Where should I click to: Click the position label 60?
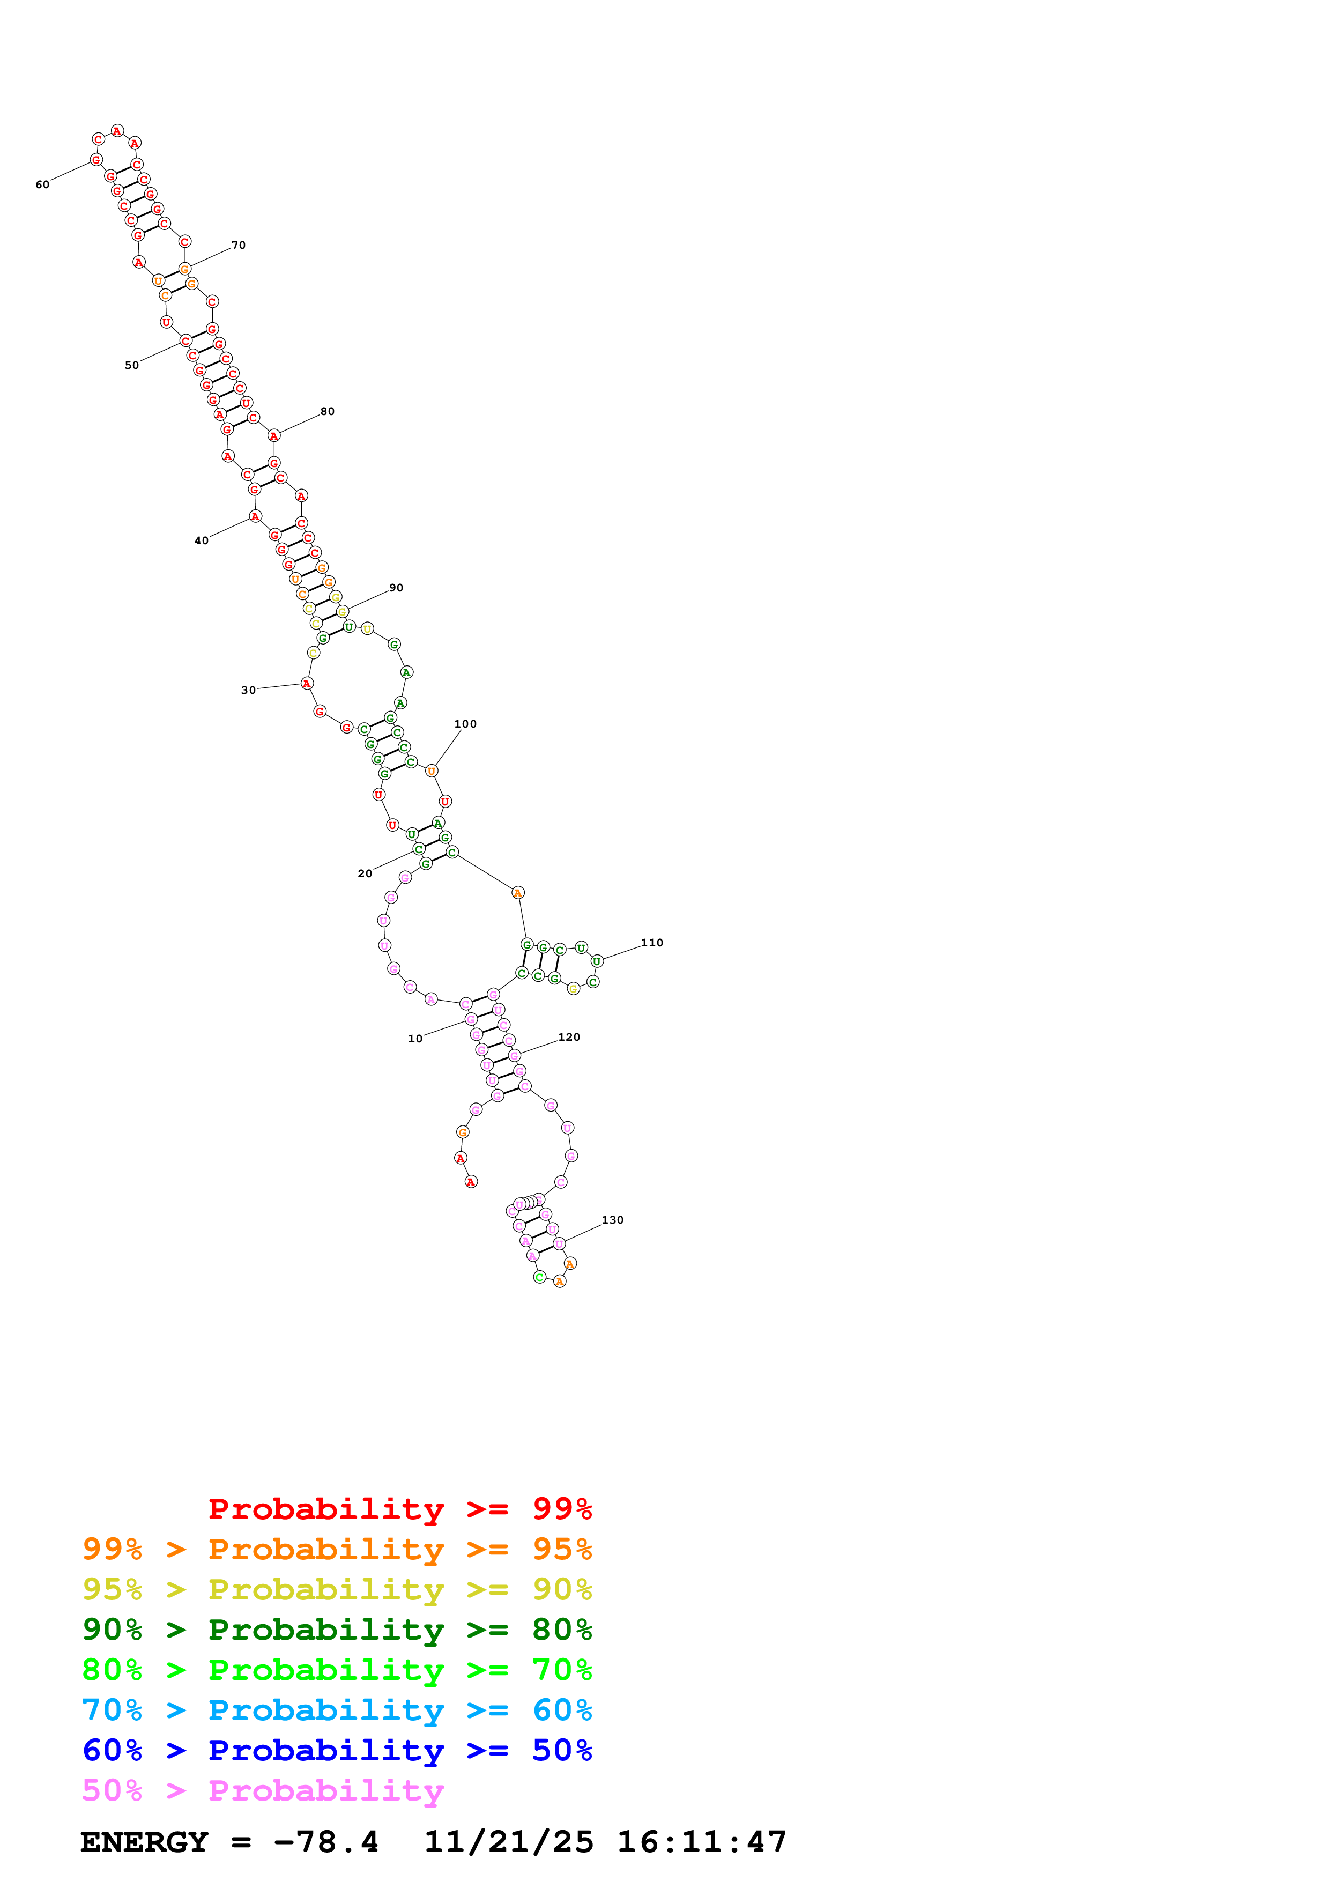[42, 185]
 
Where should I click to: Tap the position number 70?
[238, 245]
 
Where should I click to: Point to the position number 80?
[328, 411]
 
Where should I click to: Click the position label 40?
[202, 540]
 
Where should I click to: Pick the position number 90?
[396, 587]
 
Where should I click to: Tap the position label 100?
[465, 723]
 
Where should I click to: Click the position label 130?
[613, 1220]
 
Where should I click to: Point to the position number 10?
[415, 1039]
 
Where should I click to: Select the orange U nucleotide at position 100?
[432, 771]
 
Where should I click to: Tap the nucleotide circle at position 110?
[597, 961]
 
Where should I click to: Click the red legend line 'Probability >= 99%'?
[399, 1509]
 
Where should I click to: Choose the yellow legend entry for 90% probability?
[337, 1589]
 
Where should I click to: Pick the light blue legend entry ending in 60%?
[337, 1710]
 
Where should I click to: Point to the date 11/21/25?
[509, 1842]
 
